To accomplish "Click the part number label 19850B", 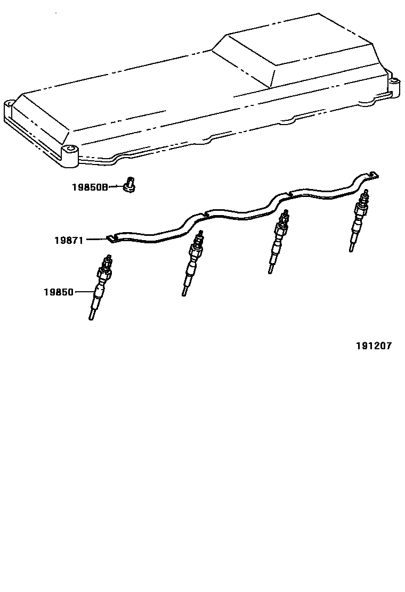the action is [x=90, y=187].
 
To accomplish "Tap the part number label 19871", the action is [x=69, y=240].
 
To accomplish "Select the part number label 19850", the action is [x=59, y=292].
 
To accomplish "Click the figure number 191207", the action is [x=374, y=346].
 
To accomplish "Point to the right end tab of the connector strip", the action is [x=375, y=174].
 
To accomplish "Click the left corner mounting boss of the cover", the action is [x=9, y=105].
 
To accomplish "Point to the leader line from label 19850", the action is [x=85, y=292].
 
